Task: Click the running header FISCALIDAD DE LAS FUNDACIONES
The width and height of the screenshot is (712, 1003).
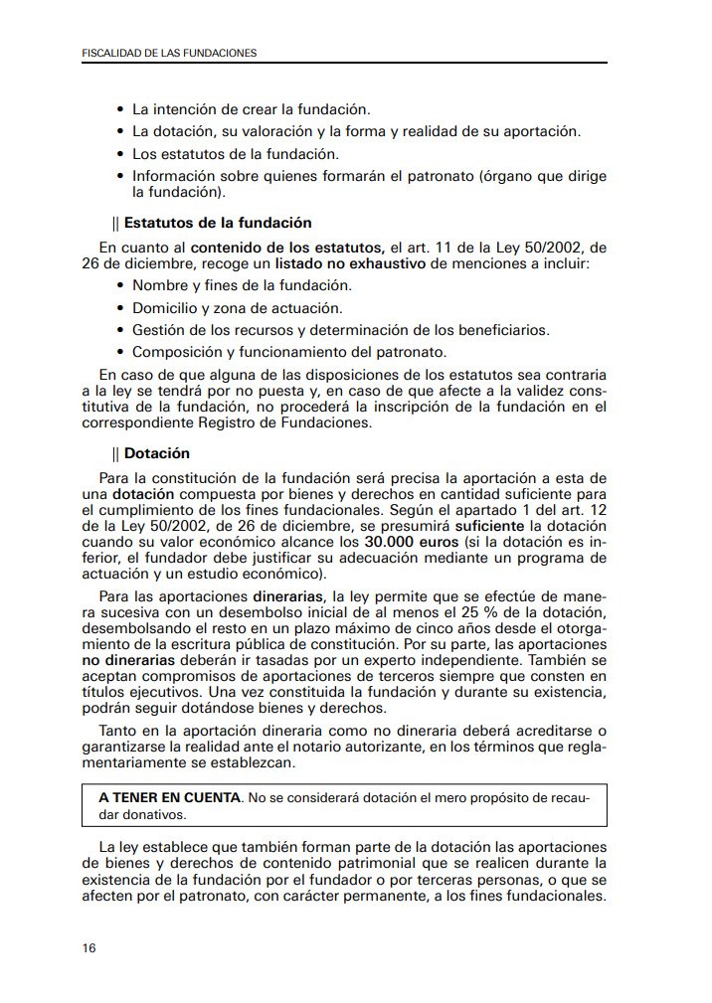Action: [x=168, y=53]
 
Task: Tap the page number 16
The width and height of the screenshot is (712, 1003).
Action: [x=89, y=947]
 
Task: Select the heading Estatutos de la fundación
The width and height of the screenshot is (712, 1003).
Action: [x=217, y=223]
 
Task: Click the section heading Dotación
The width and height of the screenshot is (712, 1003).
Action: [x=156, y=453]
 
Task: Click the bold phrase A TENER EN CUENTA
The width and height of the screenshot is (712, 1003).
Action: [x=169, y=798]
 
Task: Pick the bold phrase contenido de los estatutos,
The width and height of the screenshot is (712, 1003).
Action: [x=287, y=247]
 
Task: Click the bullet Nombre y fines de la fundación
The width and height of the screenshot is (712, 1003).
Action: [x=242, y=285]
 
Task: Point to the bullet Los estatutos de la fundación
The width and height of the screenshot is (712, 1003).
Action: [x=236, y=153]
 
